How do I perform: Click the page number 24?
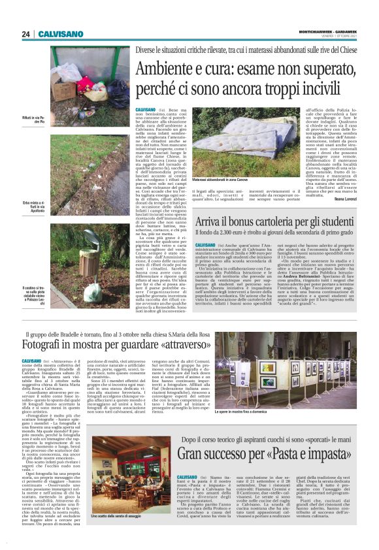(x=26, y=34)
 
